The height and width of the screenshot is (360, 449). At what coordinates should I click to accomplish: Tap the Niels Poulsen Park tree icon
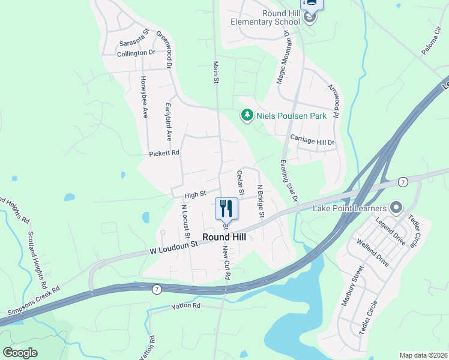point(247,115)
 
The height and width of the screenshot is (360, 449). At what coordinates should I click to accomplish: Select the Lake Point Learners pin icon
point(396,208)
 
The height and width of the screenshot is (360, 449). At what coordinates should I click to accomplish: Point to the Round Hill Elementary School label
point(265,17)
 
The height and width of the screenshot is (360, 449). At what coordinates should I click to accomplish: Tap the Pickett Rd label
point(164,154)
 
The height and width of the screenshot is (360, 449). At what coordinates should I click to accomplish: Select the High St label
point(195,194)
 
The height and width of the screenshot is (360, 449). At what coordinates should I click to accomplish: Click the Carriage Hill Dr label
point(312,139)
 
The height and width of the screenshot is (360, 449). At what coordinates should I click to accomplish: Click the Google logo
point(20,352)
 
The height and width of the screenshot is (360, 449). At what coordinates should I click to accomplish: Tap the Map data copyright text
point(424,355)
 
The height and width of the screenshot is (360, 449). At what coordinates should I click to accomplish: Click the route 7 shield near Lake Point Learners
point(403,181)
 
